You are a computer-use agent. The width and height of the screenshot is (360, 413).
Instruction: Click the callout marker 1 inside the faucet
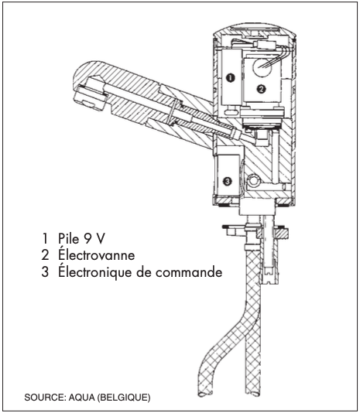pyautogui.click(x=231, y=78)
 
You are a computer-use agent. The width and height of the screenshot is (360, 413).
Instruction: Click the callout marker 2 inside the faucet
pyautogui.click(x=261, y=89)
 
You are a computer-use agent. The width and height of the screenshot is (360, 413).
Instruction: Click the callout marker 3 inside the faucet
pyautogui.click(x=228, y=181)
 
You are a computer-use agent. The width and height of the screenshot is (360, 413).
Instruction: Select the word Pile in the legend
pyautogui.click(x=69, y=239)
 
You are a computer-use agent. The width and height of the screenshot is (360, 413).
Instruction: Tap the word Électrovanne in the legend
pyautogui.click(x=97, y=254)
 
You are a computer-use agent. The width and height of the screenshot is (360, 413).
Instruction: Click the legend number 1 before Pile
pyautogui.click(x=45, y=239)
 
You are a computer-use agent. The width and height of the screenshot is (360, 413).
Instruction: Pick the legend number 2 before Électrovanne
pyautogui.click(x=45, y=255)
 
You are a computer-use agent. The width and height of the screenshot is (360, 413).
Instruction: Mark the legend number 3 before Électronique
pyautogui.click(x=45, y=271)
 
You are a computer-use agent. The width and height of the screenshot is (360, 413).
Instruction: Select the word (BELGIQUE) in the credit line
pyautogui.click(x=124, y=398)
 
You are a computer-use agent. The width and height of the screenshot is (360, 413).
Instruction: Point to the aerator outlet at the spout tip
pyautogui.click(x=89, y=99)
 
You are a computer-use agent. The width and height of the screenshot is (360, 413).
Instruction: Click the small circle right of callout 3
pyautogui.click(x=254, y=180)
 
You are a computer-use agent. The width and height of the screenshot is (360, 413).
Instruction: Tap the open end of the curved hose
pyautogui.click(x=205, y=394)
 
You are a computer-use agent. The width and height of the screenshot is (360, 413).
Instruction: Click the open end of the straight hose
pyautogui.click(x=252, y=394)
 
